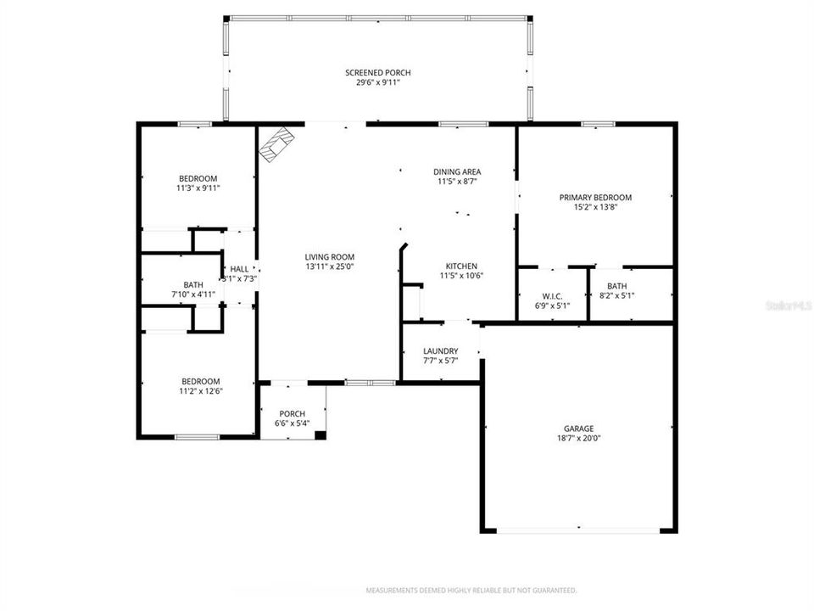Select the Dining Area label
(x=457, y=171)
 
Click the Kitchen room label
(x=458, y=266)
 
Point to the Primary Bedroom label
(x=595, y=197)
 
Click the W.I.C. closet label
(x=552, y=296)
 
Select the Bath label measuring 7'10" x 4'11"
(x=193, y=284)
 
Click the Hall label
(x=239, y=268)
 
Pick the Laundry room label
(x=441, y=350)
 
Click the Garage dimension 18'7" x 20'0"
(x=579, y=439)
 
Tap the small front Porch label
(x=292, y=413)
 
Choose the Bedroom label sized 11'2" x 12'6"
(x=200, y=381)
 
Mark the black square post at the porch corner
(x=320, y=435)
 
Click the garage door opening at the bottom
(x=578, y=531)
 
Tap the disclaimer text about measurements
(x=471, y=590)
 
